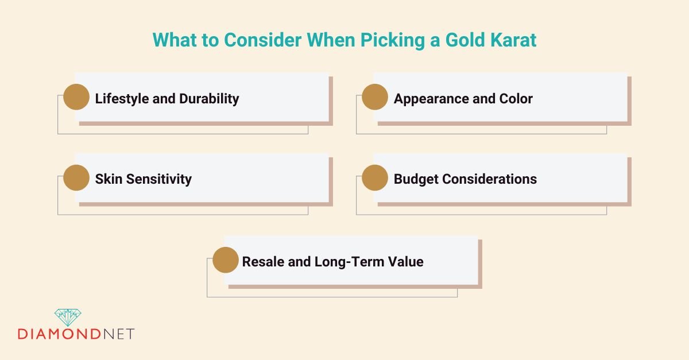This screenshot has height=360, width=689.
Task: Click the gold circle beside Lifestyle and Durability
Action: (76, 97)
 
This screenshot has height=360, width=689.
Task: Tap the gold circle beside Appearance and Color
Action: (374, 97)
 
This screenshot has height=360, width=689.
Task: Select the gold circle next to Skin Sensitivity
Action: (76, 177)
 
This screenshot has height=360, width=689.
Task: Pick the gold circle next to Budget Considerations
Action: (374, 177)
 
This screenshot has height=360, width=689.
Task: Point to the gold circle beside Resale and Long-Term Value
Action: (225, 260)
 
